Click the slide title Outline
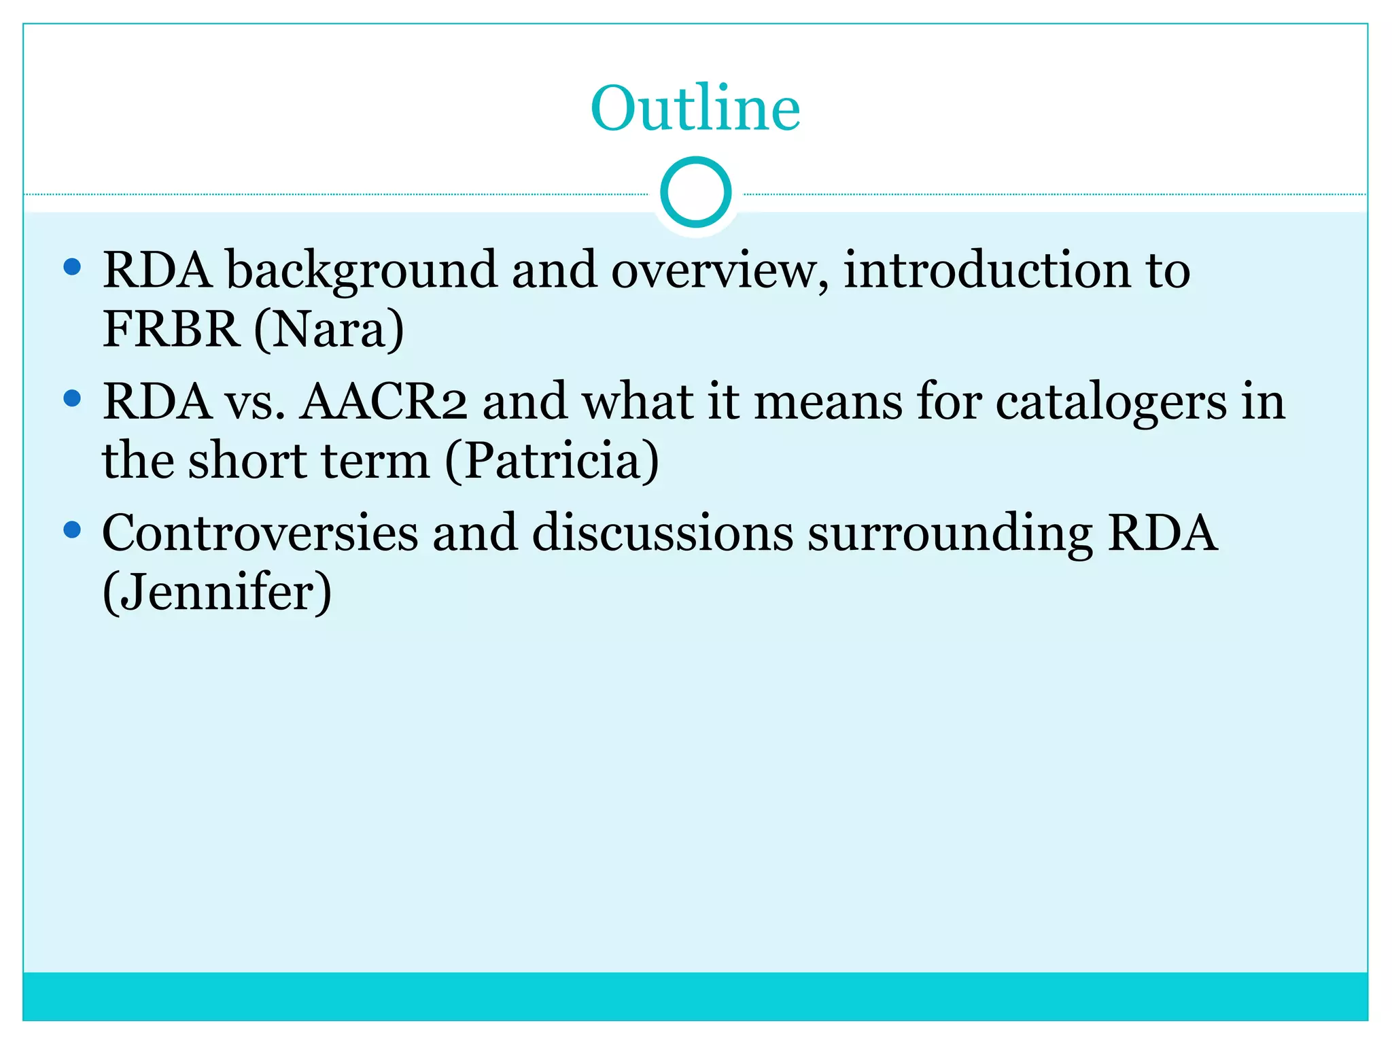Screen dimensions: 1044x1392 click(x=695, y=109)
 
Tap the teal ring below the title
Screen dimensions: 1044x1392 click(x=695, y=192)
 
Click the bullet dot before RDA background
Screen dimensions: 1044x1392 click(x=72, y=266)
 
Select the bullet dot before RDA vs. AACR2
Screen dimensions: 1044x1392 click(x=72, y=398)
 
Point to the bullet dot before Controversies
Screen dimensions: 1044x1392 click(x=72, y=529)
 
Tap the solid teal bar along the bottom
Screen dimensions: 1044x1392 click(x=695, y=996)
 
